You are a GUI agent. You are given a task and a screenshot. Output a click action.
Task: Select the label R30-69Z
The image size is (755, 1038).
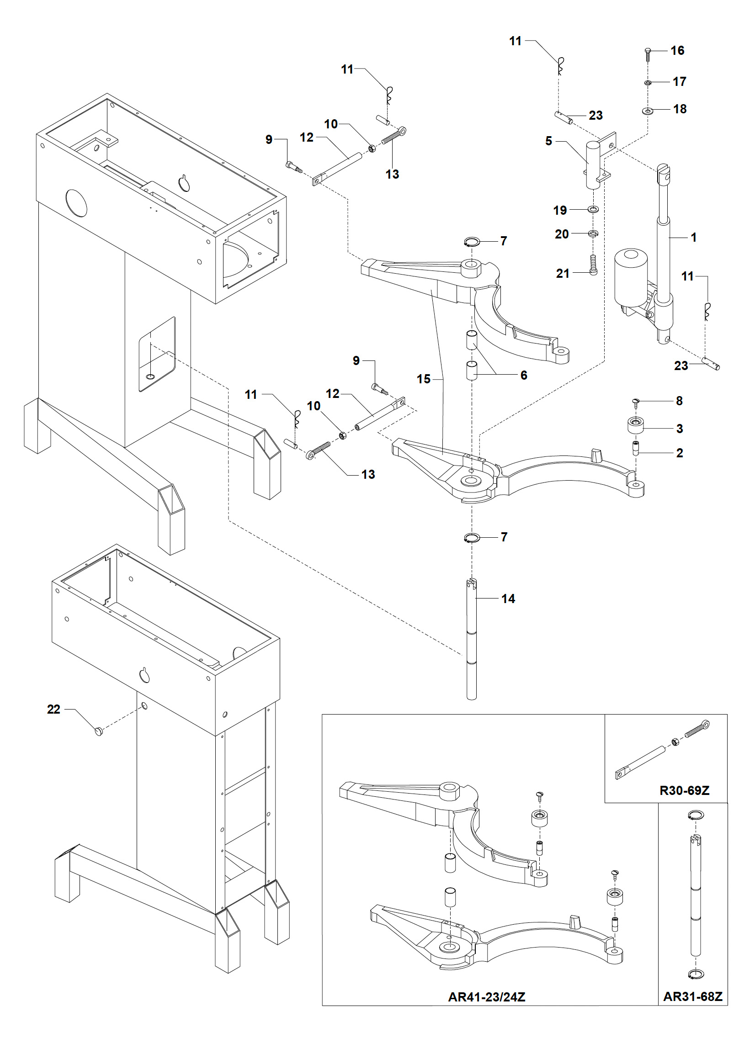coord(685,790)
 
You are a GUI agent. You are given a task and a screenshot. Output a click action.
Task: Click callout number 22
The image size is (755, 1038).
coord(53,709)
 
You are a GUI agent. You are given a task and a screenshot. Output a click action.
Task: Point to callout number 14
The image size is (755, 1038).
coord(508,598)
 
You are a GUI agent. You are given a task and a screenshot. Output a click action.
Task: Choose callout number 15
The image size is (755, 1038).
coord(424,379)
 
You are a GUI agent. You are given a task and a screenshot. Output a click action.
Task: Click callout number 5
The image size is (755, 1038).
coord(548,141)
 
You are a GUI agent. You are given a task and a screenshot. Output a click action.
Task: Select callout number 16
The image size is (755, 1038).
coord(678,50)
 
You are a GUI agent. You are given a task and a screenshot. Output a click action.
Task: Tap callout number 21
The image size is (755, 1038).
coord(563,273)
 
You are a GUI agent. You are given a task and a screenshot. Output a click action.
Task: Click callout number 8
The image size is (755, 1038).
coord(680,401)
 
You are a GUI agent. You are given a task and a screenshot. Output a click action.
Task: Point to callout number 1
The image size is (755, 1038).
coord(694,237)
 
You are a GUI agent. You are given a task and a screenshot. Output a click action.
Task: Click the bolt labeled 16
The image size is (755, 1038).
coord(648,54)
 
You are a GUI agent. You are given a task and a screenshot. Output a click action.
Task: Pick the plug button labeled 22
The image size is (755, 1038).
coord(98,731)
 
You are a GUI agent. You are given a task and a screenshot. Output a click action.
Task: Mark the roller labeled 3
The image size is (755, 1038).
coord(636,425)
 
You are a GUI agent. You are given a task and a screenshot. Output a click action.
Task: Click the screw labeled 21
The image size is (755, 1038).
coord(593,265)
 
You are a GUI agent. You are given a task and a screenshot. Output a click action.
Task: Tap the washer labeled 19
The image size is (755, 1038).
coord(593,210)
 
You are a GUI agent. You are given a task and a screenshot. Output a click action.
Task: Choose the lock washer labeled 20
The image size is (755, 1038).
coord(593,234)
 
